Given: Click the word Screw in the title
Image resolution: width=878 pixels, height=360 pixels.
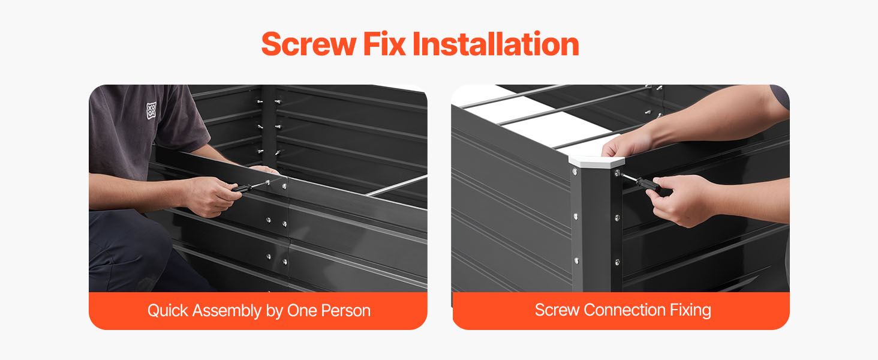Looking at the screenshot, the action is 308,44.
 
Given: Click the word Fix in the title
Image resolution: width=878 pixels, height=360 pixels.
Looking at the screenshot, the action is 384,44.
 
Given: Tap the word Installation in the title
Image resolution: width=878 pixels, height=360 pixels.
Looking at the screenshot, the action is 496,44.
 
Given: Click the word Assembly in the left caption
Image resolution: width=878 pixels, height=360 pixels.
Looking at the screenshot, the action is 227,311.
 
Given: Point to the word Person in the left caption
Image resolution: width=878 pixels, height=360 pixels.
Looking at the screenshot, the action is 345,311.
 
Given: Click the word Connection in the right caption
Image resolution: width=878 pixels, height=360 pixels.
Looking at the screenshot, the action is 624,310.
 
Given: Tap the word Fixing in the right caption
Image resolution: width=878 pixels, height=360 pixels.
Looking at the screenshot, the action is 690,311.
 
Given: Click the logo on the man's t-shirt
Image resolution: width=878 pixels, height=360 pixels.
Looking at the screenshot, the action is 151,110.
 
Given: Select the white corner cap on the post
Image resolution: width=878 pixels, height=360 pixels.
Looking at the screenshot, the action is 596,161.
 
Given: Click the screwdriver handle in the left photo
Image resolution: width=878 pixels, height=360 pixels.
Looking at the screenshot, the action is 241,188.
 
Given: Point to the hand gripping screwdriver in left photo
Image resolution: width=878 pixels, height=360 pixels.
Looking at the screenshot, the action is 212,196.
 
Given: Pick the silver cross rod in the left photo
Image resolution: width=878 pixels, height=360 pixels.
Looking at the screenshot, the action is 396,186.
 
